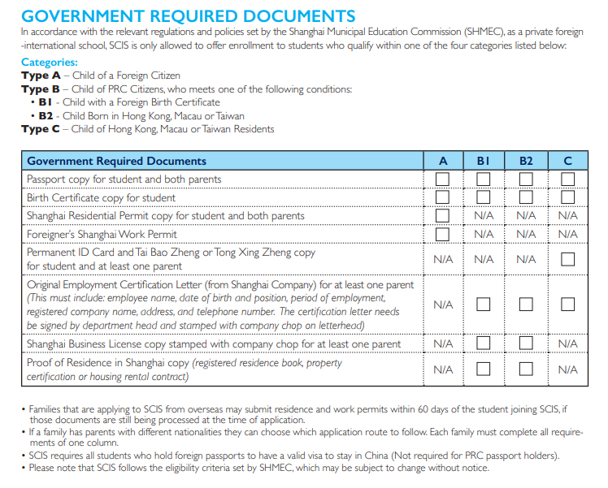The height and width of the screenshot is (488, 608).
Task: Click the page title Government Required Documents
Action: [x=188, y=15]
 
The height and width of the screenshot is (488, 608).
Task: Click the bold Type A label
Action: [x=41, y=76]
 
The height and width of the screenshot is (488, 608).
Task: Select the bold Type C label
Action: [x=41, y=129]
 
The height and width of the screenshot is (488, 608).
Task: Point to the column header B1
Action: [x=484, y=161]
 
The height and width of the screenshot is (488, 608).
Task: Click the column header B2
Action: [x=526, y=161]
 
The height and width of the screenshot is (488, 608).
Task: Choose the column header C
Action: [x=567, y=161]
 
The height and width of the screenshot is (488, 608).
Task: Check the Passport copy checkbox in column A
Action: [x=442, y=179]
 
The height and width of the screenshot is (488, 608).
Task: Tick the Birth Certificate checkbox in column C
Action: [x=567, y=197]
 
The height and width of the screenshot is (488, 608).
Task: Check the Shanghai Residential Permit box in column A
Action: [x=442, y=216]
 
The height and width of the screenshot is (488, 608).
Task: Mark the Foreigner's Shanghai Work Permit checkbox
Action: [x=442, y=234]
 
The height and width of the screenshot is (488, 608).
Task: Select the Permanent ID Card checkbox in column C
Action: [x=567, y=260]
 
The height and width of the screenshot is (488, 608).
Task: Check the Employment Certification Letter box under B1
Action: [x=484, y=305]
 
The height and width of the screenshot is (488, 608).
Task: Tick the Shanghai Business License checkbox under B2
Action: [x=526, y=343]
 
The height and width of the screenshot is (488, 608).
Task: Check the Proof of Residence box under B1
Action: [x=484, y=369]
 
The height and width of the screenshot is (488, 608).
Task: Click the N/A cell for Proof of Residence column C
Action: [x=567, y=369]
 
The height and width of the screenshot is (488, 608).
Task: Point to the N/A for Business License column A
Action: [x=442, y=343]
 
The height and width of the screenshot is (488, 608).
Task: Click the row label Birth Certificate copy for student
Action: [x=101, y=197]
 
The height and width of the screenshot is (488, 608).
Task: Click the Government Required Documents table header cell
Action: [x=116, y=161]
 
